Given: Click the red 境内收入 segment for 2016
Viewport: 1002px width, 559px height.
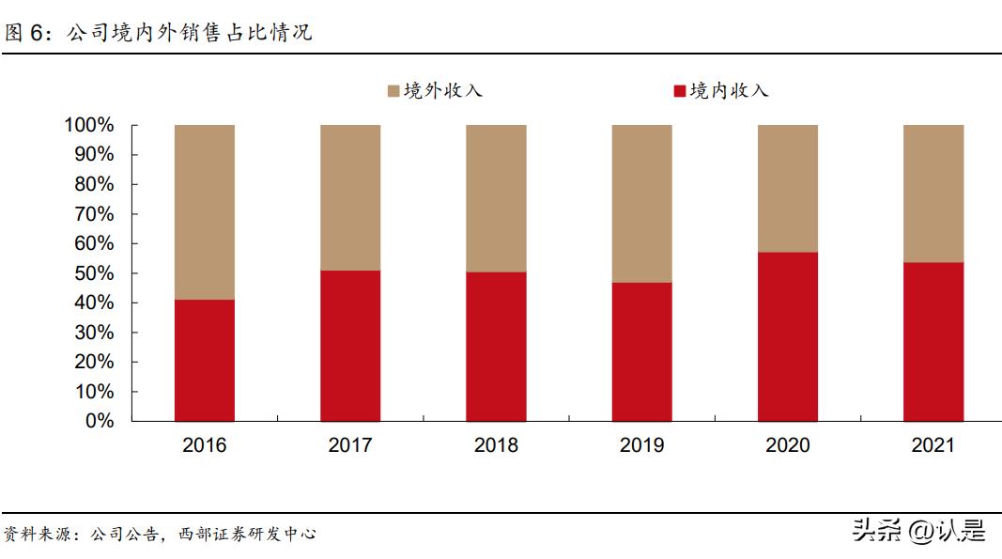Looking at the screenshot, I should click(205, 360).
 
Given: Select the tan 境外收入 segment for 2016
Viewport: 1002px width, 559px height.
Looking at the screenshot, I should click(205, 211).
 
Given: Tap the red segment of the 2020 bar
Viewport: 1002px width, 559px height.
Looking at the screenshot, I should click(788, 336).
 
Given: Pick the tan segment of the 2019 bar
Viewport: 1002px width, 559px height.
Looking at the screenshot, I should click(642, 203).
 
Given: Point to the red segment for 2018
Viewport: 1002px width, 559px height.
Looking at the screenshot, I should click(496, 346).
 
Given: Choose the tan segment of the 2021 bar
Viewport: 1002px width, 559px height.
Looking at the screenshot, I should click(933, 193).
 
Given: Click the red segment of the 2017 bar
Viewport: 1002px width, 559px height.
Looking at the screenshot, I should click(350, 346).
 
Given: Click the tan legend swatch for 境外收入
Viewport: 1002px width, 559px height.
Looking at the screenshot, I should click(393, 91).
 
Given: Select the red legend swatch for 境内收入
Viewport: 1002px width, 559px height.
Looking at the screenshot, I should click(680, 91).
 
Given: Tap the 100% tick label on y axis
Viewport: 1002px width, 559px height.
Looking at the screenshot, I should click(89, 125).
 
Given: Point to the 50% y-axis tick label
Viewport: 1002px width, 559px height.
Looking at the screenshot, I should click(94, 273).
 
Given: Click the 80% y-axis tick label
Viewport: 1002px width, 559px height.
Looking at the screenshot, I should click(94, 184).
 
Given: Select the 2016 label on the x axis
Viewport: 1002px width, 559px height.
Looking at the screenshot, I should click(205, 445).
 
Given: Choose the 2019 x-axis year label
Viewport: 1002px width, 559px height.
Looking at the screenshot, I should click(642, 445).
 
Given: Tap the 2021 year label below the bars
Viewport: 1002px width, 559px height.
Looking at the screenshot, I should click(933, 445).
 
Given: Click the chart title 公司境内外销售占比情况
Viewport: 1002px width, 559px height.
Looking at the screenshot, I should click(189, 33).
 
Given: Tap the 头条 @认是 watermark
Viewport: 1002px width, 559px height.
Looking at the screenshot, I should click(918, 532).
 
